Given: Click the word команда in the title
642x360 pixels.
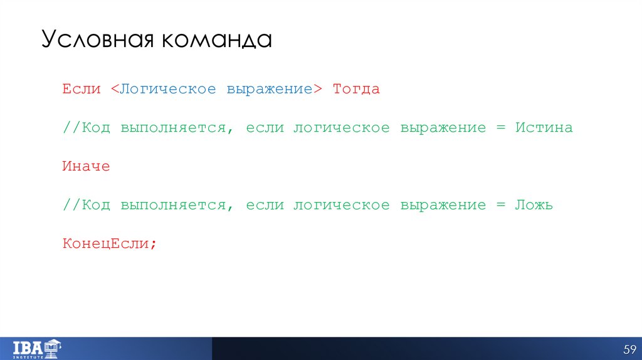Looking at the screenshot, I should tap(216, 40).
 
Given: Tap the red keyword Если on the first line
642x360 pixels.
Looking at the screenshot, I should tap(81, 89).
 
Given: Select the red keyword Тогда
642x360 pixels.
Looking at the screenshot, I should tap(356, 89).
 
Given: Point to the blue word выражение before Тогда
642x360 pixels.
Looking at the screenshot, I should tap(270, 89).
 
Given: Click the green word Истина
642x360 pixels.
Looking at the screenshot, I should tap(544, 128).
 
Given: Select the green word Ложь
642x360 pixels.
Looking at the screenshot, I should tap(534, 205).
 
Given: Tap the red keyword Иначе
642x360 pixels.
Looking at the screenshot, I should tap(86, 167).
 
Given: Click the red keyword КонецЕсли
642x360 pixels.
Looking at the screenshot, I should tap(105, 243).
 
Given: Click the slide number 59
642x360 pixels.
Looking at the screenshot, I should tap(629, 349).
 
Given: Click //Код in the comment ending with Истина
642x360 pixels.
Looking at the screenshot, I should tap(86, 128).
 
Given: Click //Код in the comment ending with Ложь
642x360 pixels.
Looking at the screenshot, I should tap(86, 205).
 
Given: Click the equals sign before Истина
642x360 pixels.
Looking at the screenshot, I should tap(500, 128).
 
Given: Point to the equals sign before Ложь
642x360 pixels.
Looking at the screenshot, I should tap(500, 205).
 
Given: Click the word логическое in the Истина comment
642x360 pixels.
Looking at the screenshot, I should tap(341, 128).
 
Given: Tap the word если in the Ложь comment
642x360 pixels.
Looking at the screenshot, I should tap(265, 205).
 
